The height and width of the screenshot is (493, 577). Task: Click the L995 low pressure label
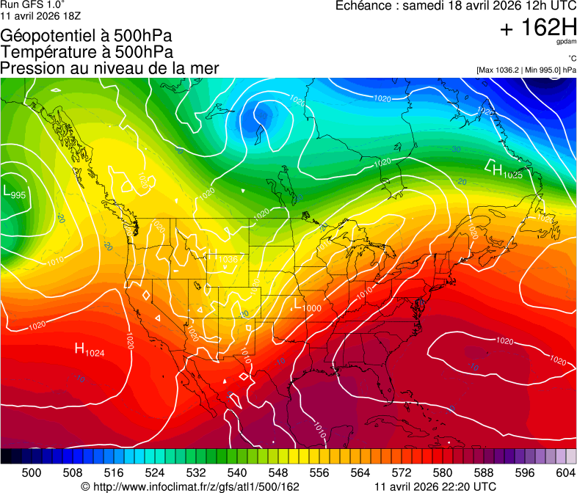click(15, 192)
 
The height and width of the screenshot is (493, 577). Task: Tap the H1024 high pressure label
click(90, 350)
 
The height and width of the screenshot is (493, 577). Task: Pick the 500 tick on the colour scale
click(32, 472)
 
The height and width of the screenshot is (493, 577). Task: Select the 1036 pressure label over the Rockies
click(227, 260)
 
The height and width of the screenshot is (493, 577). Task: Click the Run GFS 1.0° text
click(32, 4)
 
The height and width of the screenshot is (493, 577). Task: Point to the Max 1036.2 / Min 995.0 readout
click(526, 70)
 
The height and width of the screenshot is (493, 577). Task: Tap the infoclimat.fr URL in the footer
click(190, 486)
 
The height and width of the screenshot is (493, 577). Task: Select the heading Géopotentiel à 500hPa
click(87, 36)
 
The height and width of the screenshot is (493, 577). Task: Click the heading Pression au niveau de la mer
click(110, 68)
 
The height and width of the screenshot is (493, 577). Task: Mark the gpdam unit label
click(566, 42)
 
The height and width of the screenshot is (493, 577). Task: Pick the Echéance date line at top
click(455, 6)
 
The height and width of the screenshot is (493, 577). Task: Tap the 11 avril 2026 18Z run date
click(42, 15)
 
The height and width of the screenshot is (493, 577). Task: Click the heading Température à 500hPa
click(87, 52)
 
